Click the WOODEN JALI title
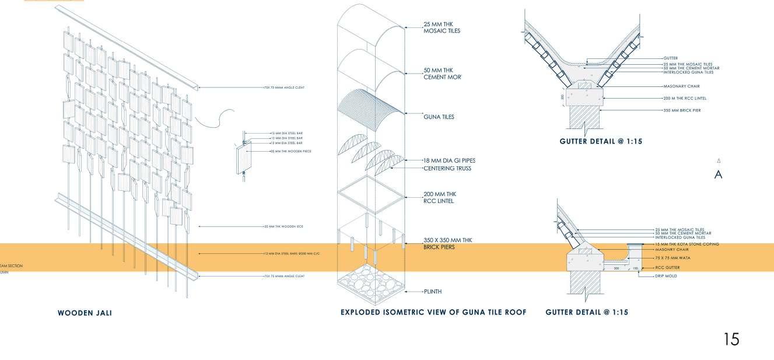85,313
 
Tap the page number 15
731,340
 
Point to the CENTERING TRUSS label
447,169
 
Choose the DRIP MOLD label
667,276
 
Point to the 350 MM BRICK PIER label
679,110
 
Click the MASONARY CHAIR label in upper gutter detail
677,86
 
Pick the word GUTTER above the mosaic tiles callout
670,59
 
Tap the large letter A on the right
718,174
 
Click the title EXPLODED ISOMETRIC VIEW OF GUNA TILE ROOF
433,313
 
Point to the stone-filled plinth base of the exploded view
372,284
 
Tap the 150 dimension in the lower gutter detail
636,268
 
